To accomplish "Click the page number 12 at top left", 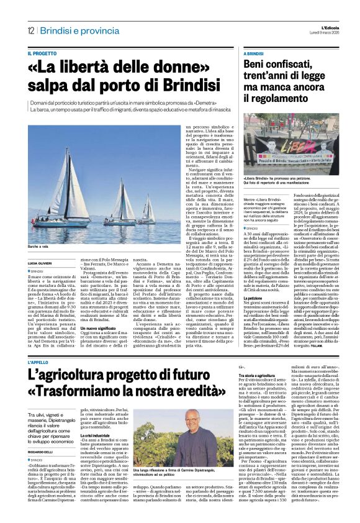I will pos(30,30).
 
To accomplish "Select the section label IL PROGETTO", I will pos(43,53).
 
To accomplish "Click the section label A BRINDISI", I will pos(258,53).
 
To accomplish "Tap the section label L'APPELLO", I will pos(39,362).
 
